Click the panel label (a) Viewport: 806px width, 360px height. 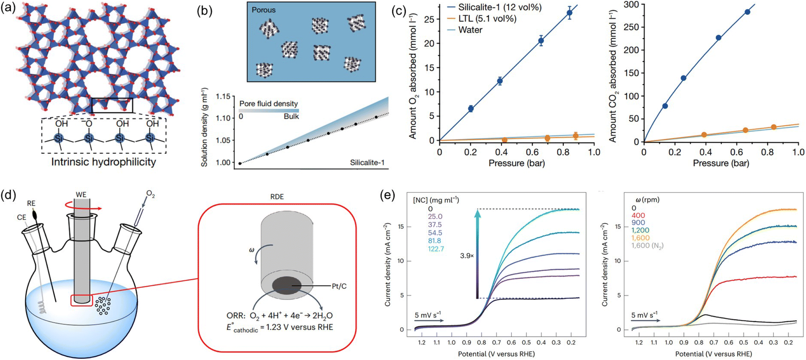click(8, 8)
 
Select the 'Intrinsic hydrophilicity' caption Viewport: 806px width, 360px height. click(104, 162)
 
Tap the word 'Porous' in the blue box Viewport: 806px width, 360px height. click(263, 10)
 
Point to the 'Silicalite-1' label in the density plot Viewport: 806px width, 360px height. click(367, 162)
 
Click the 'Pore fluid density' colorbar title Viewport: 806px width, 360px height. click(268, 103)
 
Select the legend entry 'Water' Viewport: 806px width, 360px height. click(470, 30)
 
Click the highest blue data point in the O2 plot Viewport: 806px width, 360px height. click(569, 13)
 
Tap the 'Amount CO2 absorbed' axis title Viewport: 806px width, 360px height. click(613, 77)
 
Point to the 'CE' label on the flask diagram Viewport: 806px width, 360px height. click(22, 217)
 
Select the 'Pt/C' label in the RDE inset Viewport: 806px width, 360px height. click(339, 286)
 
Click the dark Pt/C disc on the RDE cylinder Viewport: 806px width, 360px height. click(287, 286)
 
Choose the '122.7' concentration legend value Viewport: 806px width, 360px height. click(436, 249)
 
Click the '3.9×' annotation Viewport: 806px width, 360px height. click(467, 256)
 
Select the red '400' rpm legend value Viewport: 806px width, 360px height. click(638, 215)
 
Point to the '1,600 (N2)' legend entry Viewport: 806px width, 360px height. click(647, 245)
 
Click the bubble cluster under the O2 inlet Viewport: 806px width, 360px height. click(103, 306)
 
